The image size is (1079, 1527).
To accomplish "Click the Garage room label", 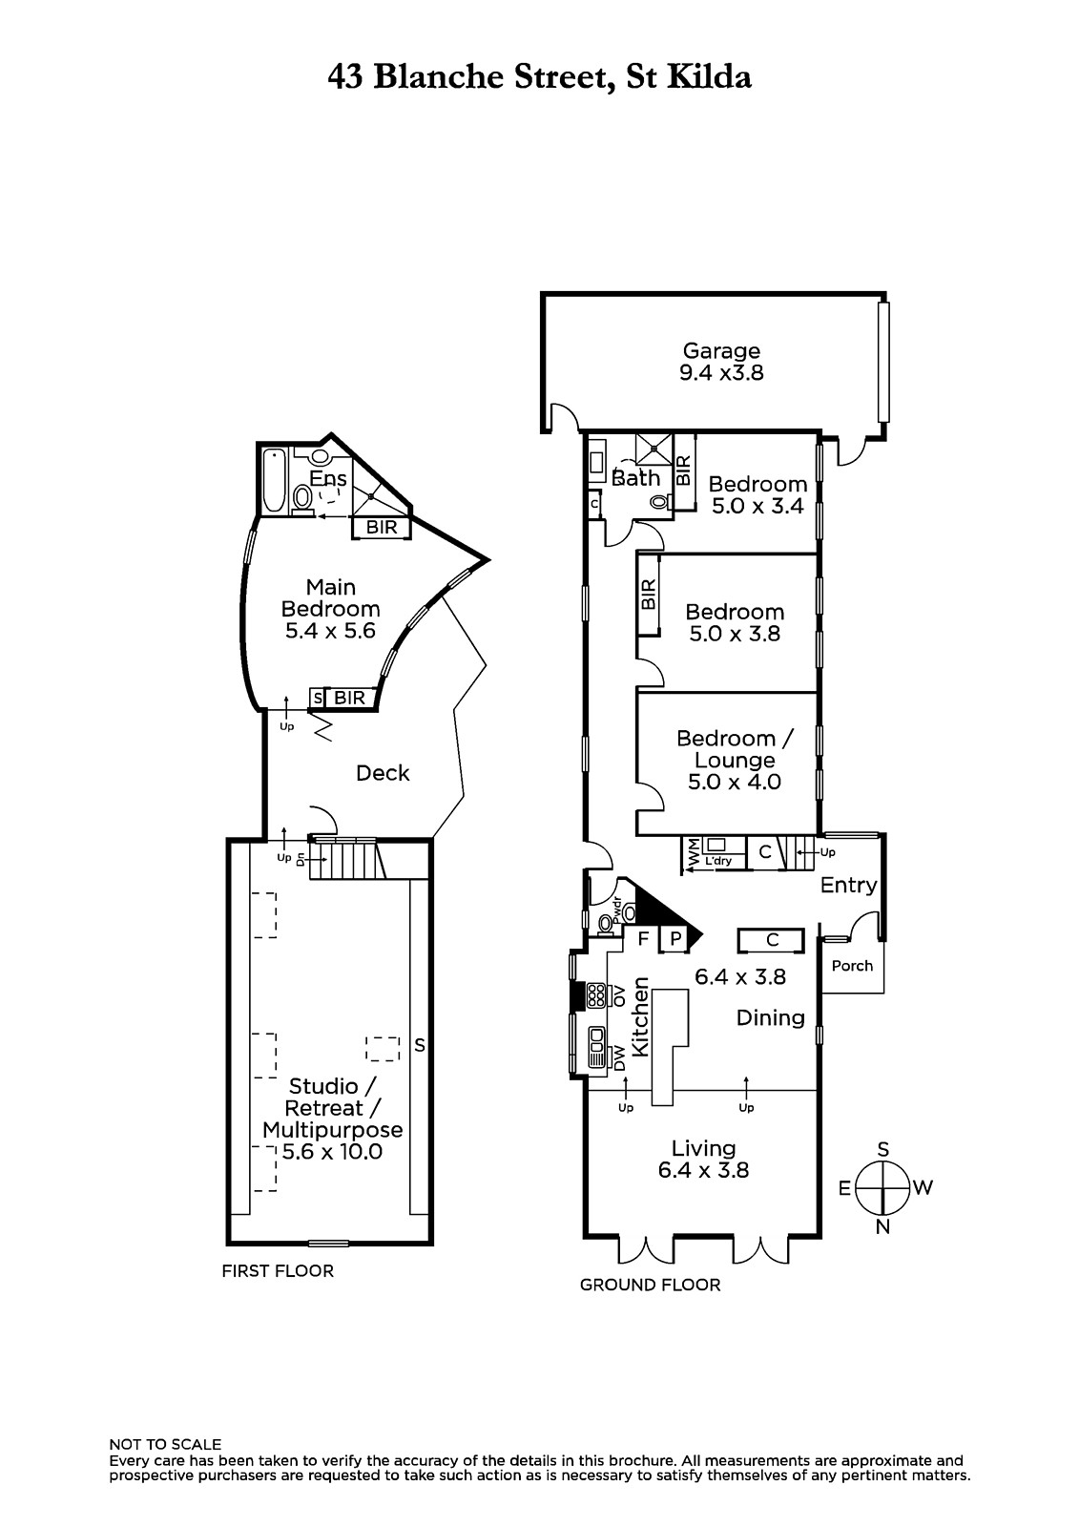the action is coord(721,350).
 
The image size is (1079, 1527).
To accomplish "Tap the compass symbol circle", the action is coord(882,1187).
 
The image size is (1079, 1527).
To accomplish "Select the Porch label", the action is coord(852,966).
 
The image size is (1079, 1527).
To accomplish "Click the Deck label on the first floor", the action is coord(383,773).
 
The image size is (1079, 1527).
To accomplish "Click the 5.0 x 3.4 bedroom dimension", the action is coord(757,506).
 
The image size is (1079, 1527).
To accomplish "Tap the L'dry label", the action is coord(718,861).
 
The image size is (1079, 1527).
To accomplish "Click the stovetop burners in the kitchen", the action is coord(596,995).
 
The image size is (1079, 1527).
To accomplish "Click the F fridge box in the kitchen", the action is coord(642,939).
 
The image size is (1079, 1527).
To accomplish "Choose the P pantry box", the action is coord(675,939).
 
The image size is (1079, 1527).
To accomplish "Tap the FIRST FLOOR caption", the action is coord(278,1270).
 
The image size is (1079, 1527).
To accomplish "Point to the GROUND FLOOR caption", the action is coord(651,1285).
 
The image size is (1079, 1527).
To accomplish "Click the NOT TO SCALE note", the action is coord(166,1445).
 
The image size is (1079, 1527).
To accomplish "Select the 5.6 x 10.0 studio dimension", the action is coord(333,1152).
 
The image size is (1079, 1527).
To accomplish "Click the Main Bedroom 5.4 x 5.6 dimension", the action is coord(331,631).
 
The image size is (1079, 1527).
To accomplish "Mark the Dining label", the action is coord(771,1018).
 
